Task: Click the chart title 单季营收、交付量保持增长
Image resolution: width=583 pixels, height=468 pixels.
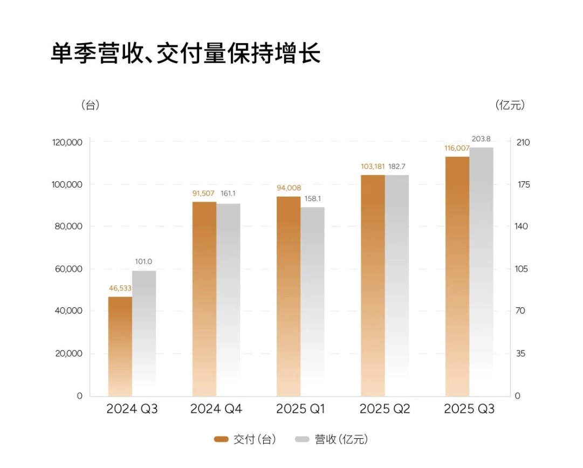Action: click(x=186, y=54)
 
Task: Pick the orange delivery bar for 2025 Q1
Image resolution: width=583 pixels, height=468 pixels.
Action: click(x=289, y=296)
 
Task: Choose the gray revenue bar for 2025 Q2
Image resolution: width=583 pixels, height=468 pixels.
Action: click(x=397, y=285)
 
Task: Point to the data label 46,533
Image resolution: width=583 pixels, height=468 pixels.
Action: click(x=120, y=288)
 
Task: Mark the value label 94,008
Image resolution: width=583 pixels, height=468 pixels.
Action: click(x=289, y=188)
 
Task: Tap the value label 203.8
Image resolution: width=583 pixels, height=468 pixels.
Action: click(x=481, y=139)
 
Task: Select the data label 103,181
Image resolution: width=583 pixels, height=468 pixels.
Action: click(x=373, y=166)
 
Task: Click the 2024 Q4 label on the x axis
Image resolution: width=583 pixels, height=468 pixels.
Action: click(x=216, y=409)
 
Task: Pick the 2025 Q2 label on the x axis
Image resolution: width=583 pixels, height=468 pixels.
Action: click(x=385, y=409)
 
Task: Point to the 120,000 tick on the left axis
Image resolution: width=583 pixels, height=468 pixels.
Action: click(x=67, y=142)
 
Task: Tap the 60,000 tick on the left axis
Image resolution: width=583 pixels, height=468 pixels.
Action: click(x=70, y=269)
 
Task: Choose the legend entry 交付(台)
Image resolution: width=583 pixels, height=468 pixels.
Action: click(x=245, y=439)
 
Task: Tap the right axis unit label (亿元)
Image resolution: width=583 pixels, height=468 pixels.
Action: click(x=510, y=105)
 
